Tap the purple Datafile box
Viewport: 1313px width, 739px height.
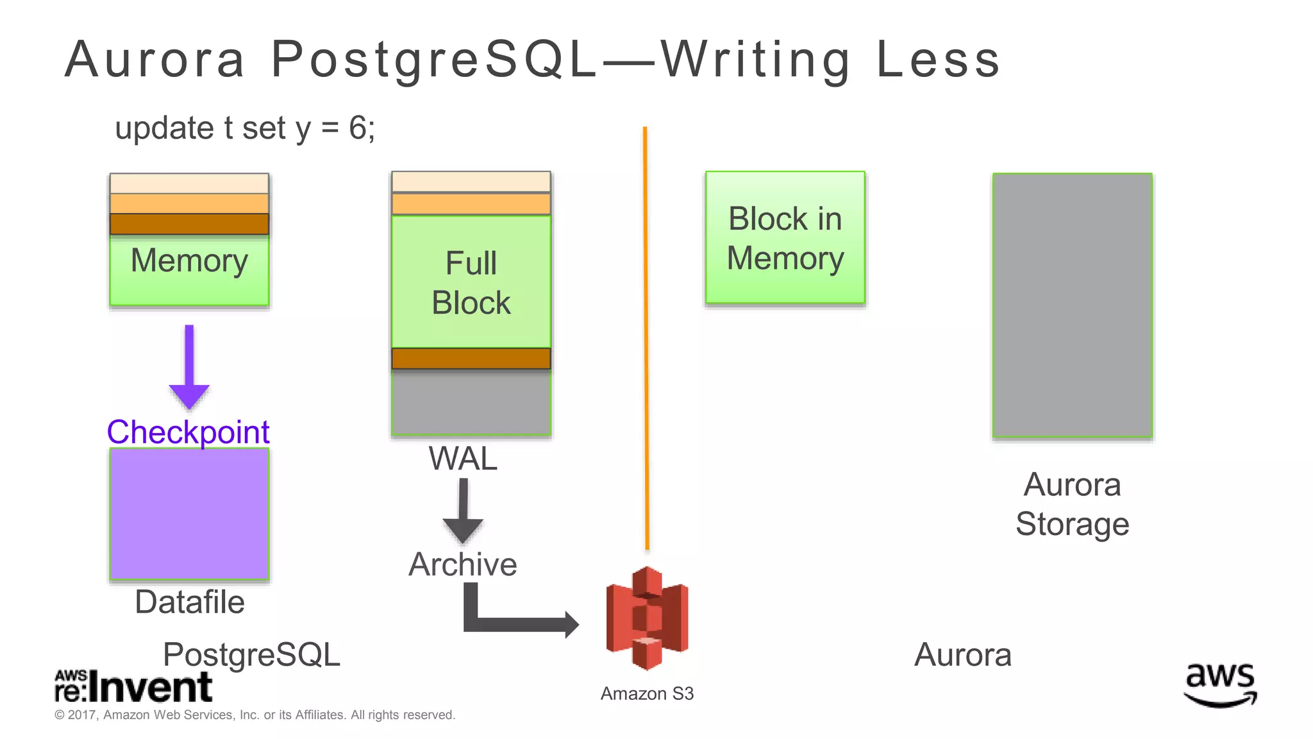pos(189,514)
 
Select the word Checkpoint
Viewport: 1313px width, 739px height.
pos(188,432)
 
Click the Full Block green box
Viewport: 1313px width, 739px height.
pos(471,282)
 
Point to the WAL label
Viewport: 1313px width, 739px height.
pos(463,459)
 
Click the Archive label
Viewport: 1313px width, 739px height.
pos(463,565)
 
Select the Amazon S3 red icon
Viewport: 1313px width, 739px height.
pos(647,618)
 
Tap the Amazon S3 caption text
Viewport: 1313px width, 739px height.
pos(647,693)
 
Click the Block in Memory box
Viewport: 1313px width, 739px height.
pos(785,238)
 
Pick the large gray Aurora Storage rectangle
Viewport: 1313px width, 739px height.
pos(1072,305)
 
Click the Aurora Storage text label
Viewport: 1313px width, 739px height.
pos(1072,504)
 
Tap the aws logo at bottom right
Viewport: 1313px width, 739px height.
pos(1220,684)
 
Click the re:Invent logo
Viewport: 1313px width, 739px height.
pos(133,687)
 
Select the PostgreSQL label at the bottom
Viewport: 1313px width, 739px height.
pos(251,655)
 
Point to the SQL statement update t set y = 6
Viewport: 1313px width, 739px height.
pos(245,128)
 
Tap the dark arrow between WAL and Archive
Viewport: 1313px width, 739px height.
pos(463,511)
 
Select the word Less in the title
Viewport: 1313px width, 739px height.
pos(937,60)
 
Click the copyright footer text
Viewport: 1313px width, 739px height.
pos(255,715)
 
